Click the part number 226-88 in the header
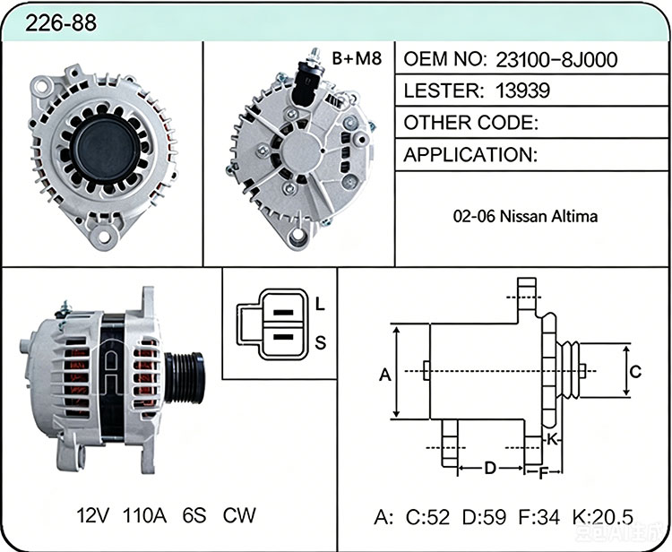[x=60, y=22]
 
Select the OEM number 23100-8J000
[x=556, y=59]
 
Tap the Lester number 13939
[x=522, y=91]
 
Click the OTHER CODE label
[x=470, y=123]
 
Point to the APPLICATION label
[x=470, y=155]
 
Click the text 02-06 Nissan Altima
[x=525, y=216]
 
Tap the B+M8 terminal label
[x=357, y=59]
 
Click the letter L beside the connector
[x=320, y=305]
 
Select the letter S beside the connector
[x=320, y=343]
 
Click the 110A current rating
[x=144, y=515]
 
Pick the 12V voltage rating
[x=92, y=515]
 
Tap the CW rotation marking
[x=238, y=515]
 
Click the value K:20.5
[x=602, y=517]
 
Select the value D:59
[x=484, y=517]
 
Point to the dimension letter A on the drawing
[x=385, y=375]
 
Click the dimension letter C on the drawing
[x=635, y=372]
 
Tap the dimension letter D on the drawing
[x=490, y=469]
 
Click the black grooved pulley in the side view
[x=185, y=377]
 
